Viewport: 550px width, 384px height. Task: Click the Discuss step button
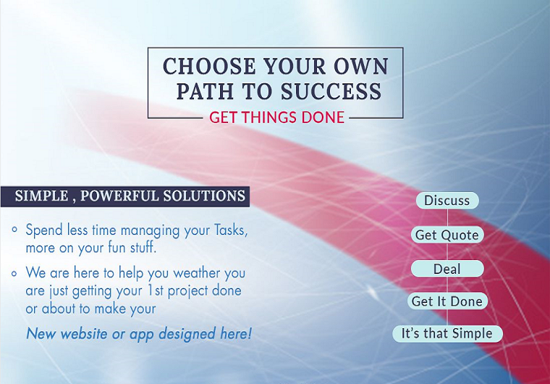tap(447, 201)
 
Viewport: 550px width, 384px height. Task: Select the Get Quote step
tap(447, 235)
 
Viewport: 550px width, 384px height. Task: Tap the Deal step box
tap(447, 269)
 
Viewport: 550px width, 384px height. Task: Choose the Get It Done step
tap(447, 301)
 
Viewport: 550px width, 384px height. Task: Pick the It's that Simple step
tap(447, 334)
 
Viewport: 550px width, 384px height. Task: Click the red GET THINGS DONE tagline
tap(276, 117)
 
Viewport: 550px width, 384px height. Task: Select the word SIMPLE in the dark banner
tap(42, 196)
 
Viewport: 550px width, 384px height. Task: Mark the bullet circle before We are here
tap(14, 273)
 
